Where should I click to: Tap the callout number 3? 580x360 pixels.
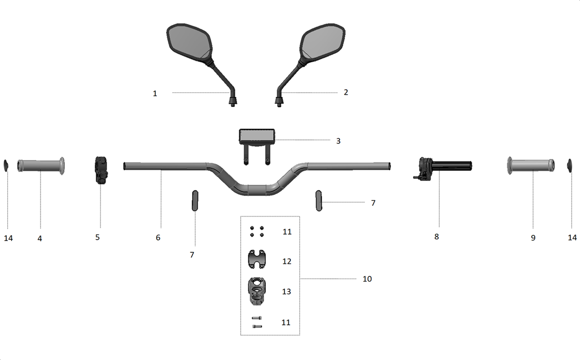coord(338,141)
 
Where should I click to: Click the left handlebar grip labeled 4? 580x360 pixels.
coord(41,166)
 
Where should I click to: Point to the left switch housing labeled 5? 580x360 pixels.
coord(101,170)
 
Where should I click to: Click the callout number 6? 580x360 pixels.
coord(158,238)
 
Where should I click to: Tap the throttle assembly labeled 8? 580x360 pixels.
coord(442,169)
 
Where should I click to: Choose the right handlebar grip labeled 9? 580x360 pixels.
coord(531,166)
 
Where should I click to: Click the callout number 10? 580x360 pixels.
coord(367,279)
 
